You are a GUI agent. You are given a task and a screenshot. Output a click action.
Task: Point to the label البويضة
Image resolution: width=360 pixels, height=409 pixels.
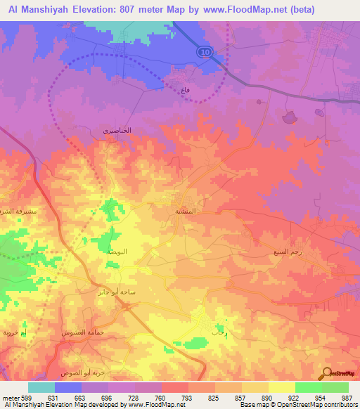click(x=116, y=251)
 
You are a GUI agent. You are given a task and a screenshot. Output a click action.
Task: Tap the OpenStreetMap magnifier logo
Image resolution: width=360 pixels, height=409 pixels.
click(x=326, y=374)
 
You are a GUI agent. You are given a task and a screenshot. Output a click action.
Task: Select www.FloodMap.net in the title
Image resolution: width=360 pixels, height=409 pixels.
click(x=246, y=10)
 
